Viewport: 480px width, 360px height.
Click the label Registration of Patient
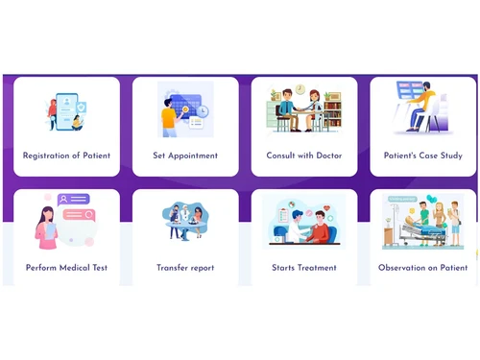(x=66, y=156)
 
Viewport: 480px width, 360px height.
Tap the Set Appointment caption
(x=185, y=156)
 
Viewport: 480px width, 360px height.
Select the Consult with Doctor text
(x=304, y=156)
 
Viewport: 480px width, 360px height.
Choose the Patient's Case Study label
(x=422, y=156)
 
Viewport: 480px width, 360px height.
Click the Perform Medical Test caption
(x=66, y=268)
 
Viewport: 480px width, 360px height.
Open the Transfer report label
(x=185, y=268)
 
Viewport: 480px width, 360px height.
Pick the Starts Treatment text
(x=304, y=268)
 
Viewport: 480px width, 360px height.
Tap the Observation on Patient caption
(x=422, y=268)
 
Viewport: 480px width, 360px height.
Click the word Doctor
(x=327, y=156)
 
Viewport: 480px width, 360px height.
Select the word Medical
(x=76, y=268)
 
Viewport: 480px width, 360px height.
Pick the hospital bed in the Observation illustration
(x=422, y=235)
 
